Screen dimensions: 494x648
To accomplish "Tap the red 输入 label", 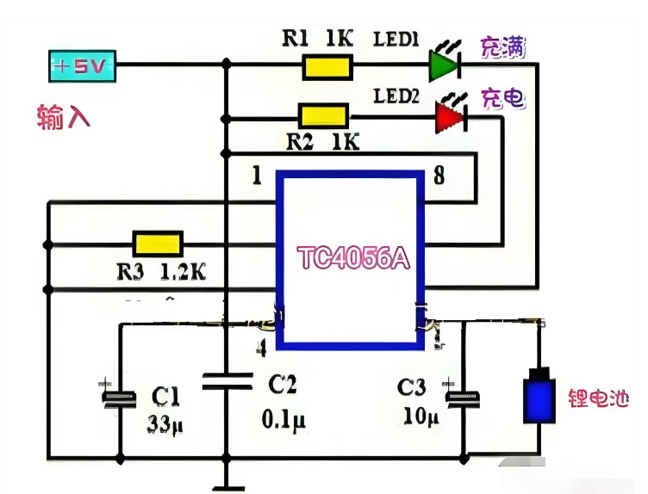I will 64,116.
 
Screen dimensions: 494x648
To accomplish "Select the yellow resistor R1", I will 327,65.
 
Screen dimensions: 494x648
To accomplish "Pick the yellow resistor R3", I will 157,244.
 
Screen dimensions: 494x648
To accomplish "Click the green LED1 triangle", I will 442,65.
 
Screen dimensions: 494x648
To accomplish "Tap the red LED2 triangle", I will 448,114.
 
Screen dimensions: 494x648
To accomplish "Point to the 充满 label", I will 498,47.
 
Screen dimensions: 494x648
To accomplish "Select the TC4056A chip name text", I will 352,258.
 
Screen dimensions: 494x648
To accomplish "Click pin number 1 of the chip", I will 256,176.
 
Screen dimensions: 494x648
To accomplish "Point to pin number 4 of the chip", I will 259,347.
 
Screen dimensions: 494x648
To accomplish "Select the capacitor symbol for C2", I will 227,381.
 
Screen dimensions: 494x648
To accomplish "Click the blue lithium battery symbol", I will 540,397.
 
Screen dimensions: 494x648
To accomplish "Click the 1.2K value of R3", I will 184,272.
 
